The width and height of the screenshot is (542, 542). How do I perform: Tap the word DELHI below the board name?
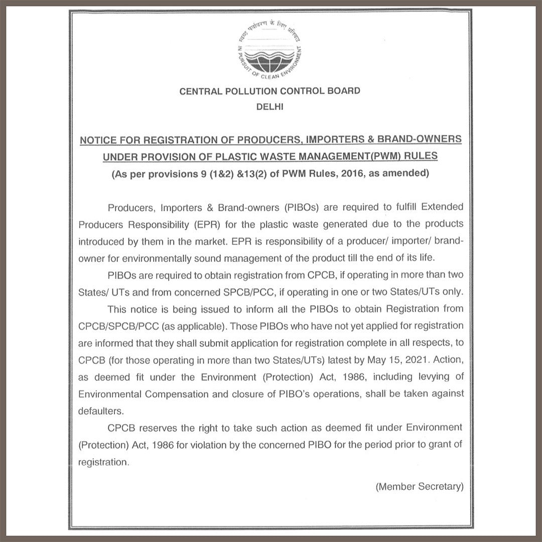[270, 106]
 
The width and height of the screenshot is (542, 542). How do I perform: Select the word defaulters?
[100, 411]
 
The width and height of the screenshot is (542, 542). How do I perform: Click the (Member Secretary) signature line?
[419, 486]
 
